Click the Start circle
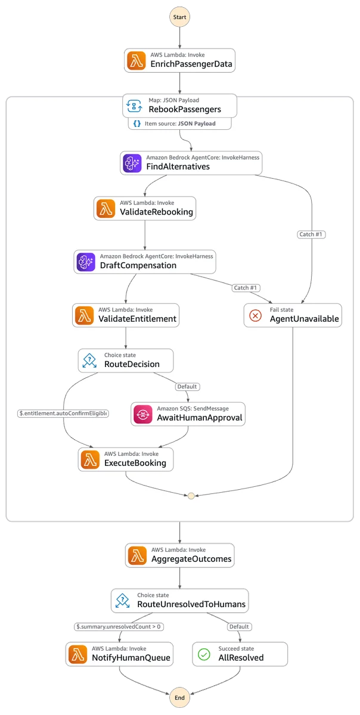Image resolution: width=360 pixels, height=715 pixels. coord(179,17)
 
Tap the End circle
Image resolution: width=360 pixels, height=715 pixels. coord(179,698)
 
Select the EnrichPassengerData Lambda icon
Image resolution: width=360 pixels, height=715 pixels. coord(136,61)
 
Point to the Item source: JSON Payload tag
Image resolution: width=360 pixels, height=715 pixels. coord(180,123)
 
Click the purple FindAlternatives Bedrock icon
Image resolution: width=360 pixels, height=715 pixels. coord(132,163)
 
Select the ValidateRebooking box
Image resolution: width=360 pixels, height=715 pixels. coord(145,208)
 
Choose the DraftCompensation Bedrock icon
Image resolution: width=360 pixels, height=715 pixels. coord(86,262)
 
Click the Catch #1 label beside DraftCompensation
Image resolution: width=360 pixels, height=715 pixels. coord(246,288)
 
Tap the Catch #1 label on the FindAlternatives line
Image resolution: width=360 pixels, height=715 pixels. coord(311,234)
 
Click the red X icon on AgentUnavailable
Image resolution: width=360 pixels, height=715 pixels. coord(256,316)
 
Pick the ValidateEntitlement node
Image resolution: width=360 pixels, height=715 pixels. coord(126,315)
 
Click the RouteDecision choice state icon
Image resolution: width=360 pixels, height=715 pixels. coord(89,360)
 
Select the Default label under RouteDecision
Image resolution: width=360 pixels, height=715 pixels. coord(187,387)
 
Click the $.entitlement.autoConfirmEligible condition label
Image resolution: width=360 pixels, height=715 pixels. coord(63,414)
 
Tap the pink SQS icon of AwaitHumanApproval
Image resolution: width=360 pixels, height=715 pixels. coord(143,414)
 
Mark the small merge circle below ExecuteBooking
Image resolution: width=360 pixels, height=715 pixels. coord(191,496)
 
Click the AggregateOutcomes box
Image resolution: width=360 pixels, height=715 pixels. coord(179,555)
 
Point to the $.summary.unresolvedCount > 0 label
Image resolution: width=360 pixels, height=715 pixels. coord(119,627)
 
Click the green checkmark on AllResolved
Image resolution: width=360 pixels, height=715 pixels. coord(204,654)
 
